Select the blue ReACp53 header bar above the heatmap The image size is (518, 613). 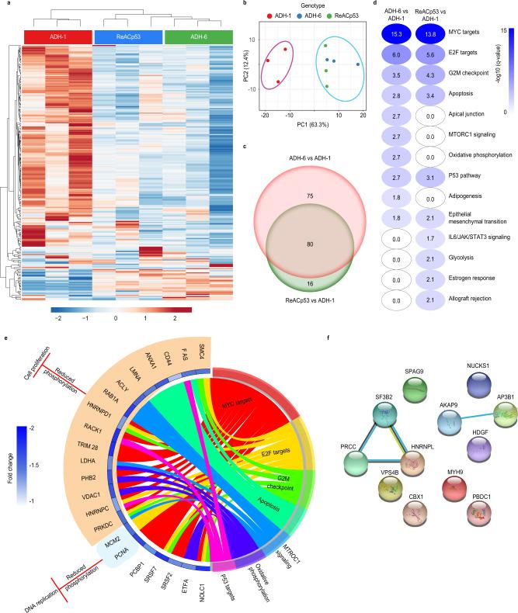pyautogui.click(x=128, y=37)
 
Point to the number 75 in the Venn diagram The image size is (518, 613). pyautogui.click(x=321, y=175)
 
